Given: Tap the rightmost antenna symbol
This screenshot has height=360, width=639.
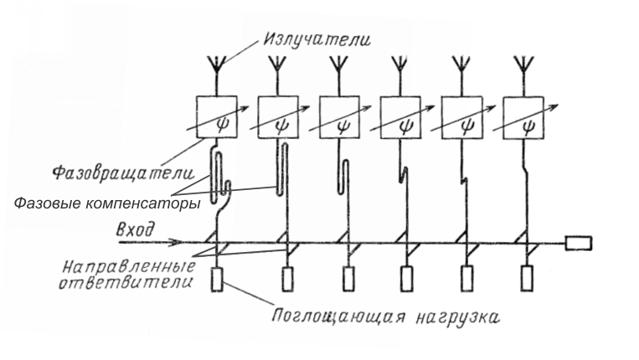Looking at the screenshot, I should click(x=525, y=66).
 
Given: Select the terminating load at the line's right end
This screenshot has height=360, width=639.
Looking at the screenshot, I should click(x=579, y=244).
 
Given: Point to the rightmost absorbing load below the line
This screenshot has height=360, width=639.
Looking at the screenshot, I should click(x=525, y=278).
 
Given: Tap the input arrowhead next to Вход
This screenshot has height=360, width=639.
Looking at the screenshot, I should click(x=177, y=244).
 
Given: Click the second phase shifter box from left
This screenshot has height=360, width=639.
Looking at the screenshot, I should click(x=279, y=118).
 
